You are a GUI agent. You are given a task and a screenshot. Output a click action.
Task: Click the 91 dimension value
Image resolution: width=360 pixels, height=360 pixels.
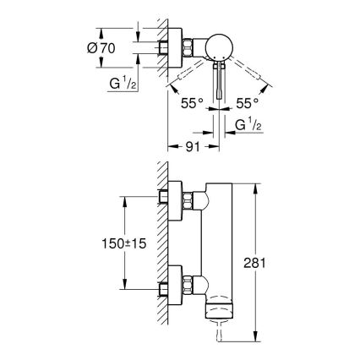[x=193, y=145]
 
